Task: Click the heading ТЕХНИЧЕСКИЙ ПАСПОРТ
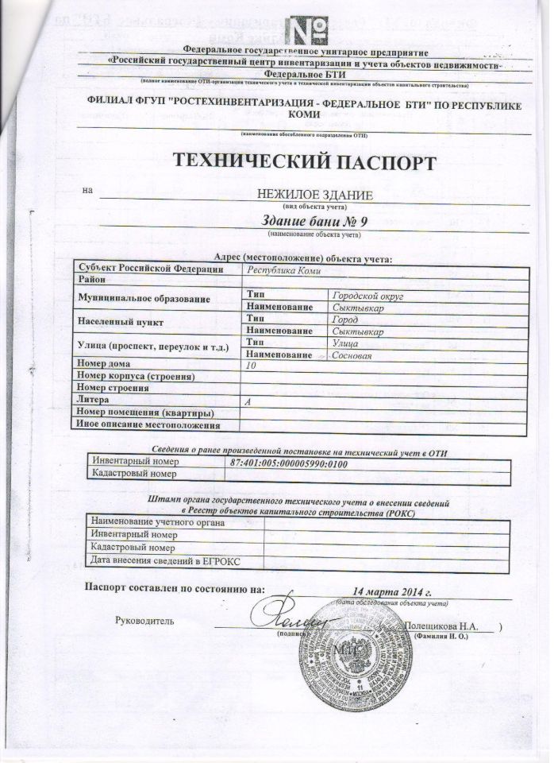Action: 305,163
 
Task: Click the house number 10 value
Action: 252,366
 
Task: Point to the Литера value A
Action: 248,402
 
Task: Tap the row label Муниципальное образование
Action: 141,300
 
